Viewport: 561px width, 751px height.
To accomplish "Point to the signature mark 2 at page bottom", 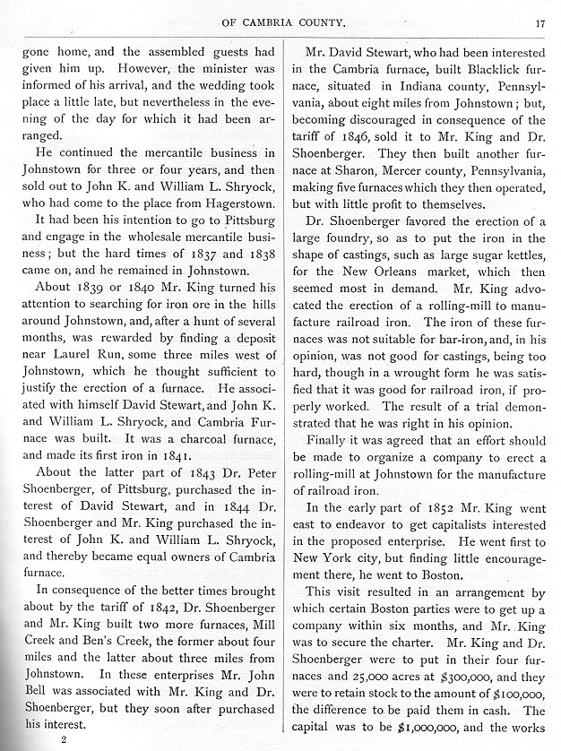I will [x=64, y=740].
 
